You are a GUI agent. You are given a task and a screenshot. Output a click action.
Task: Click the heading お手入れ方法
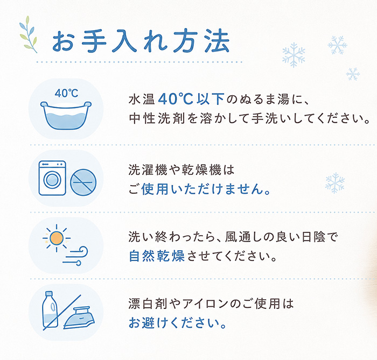point(141,41)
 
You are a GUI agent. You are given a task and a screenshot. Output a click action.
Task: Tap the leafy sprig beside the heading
point(29,34)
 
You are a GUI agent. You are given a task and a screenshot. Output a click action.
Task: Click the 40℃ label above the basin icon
point(66,93)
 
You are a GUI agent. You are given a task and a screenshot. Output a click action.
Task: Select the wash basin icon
point(66,115)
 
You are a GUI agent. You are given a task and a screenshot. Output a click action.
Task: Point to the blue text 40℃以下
point(191,99)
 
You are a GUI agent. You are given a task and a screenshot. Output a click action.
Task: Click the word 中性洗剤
point(157,118)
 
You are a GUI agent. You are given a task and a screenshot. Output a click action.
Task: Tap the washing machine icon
point(52,178)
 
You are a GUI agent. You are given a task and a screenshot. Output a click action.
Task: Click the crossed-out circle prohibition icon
point(83,182)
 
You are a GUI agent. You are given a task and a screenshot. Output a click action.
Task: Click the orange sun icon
point(57,238)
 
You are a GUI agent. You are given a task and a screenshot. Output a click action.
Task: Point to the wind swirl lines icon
point(75,256)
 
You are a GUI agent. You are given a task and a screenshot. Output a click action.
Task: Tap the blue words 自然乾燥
point(157,256)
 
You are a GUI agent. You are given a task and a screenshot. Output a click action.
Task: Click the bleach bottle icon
point(50,309)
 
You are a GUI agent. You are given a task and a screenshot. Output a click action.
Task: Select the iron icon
point(79,317)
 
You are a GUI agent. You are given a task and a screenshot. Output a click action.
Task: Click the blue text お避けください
point(177,322)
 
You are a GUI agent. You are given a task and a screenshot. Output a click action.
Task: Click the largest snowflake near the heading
point(294,55)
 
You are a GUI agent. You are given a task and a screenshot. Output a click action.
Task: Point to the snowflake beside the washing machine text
point(335,183)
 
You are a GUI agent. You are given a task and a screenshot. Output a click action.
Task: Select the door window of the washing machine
point(52,180)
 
